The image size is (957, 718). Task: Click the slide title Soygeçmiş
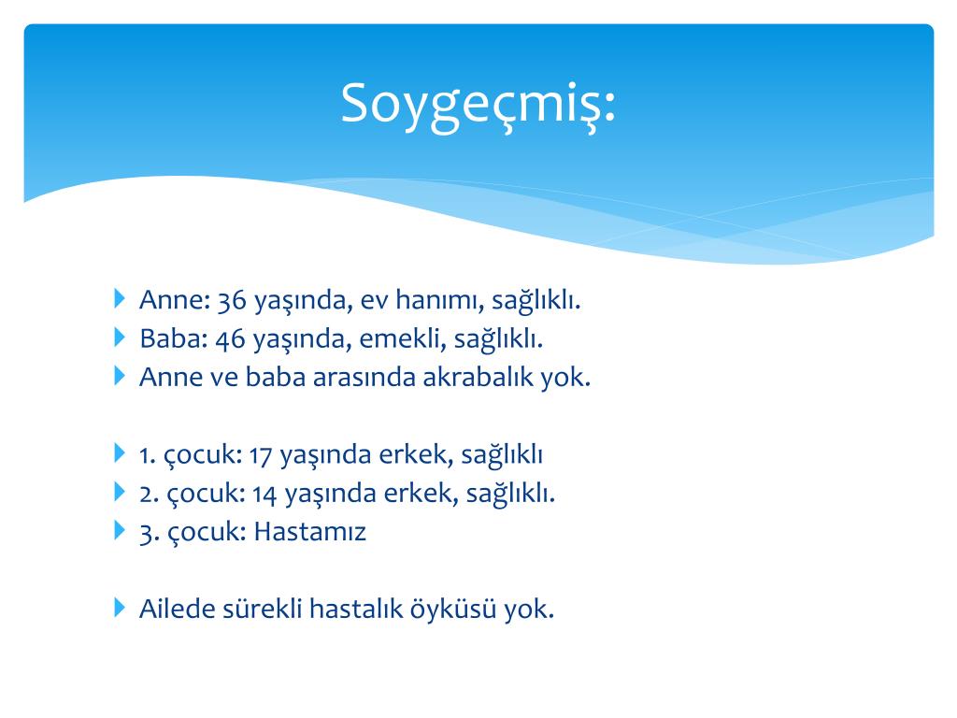pyautogui.click(x=478, y=104)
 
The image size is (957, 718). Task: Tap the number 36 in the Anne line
pyautogui.click(x=232, y=300)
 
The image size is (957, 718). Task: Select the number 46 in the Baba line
pyautogui.click(x=230, y=338)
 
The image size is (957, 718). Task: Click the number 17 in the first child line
pyautogui.click(x=260, y=455)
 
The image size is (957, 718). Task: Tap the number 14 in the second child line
pyautogui.click(x=264, y=494)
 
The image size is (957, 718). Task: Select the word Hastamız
pyautogui.click(x=309, y=531)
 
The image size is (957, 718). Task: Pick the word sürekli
pyautogui.click(x=263, y=609)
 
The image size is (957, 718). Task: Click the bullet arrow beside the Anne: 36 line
pyautogui.click(x=120, y=298)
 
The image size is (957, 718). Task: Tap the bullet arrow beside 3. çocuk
pyautogui.click(x=120, y=530)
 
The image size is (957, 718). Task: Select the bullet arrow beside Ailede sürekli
pyautogui.click(x=120, y=608)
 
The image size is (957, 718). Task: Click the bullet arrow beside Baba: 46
pyautogui.click(x=120, y=337)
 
